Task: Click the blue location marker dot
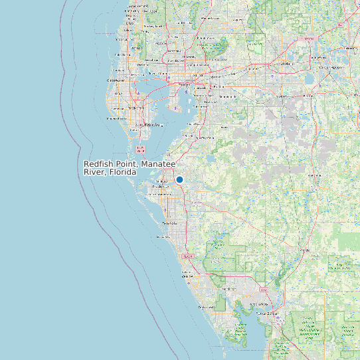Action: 179,179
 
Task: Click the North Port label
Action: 229,290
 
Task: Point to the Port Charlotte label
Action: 253,304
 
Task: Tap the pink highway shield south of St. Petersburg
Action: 139,149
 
